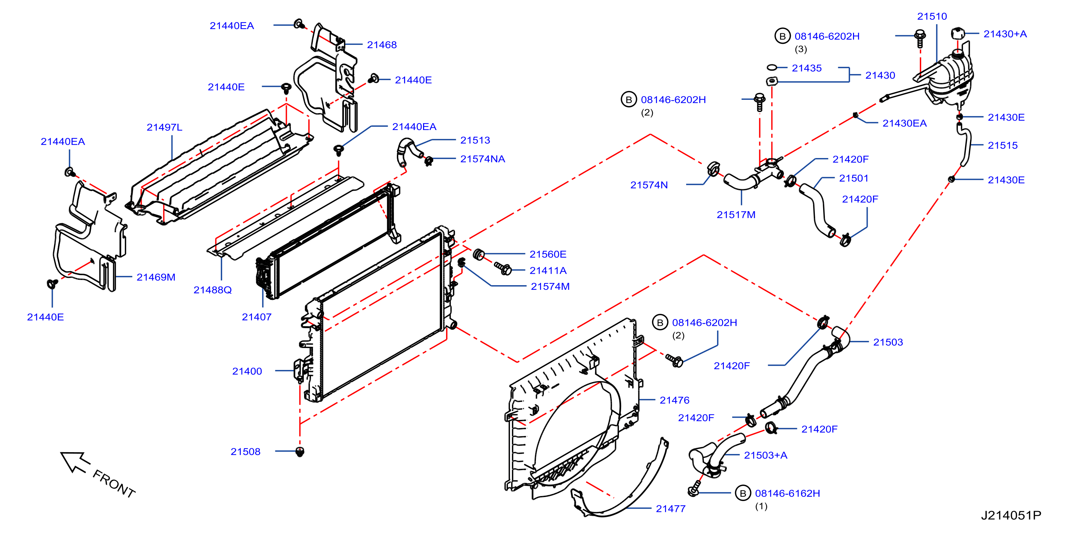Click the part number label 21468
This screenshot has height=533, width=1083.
coord(381,45)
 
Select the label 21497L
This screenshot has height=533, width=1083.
coord(164,127)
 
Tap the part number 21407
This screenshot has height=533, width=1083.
coord(256,317)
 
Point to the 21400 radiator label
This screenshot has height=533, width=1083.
coord(247,371)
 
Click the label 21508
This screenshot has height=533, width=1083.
coord(245,452)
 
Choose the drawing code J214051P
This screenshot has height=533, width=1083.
coord(1011,515)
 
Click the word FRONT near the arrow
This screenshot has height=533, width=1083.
coord(114,484)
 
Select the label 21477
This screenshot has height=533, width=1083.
coord(671,509)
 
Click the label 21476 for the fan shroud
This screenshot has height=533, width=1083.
coord(674,400)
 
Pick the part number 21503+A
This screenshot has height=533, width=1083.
coord(765,455)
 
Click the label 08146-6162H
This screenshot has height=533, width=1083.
coord(787,493)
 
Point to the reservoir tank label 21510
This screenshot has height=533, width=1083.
coord(932,17)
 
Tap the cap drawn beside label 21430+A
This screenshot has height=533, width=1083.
coord(957,33)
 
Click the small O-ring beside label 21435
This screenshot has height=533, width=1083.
coord(771,67)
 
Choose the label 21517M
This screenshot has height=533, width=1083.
coord(736,215)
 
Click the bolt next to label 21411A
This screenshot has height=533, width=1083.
coord(503,268)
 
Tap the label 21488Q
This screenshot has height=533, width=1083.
coord(212,290)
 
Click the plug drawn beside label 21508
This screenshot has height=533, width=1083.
coord(299,452)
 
